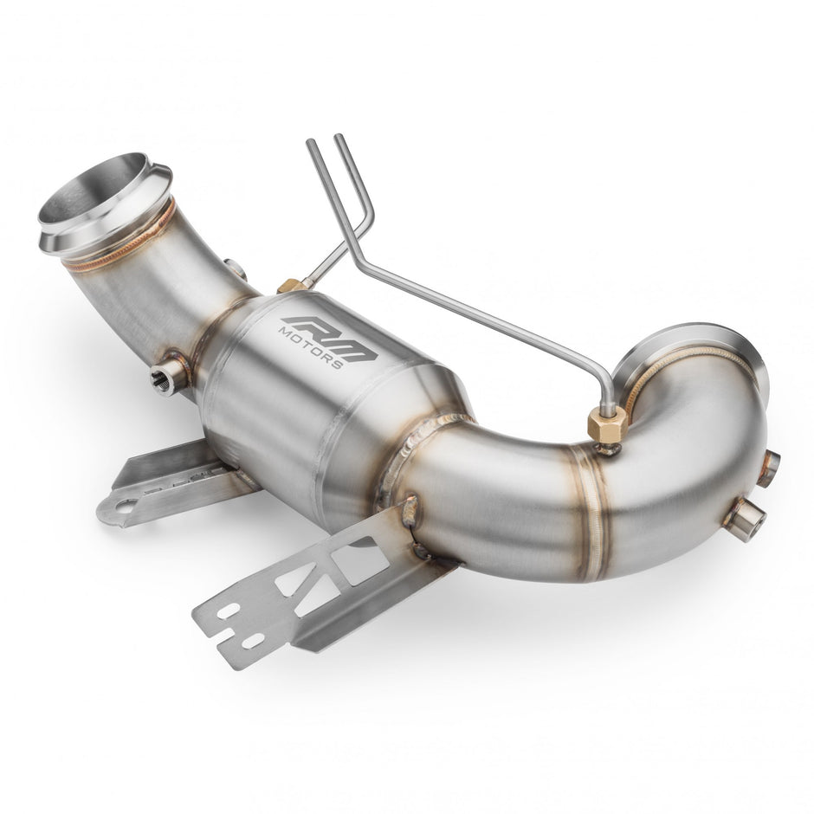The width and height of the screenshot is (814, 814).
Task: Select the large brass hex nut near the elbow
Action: [607, 425]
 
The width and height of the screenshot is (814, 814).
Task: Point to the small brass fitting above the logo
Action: [292, 285]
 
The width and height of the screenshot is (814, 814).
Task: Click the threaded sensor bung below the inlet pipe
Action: [169, 375]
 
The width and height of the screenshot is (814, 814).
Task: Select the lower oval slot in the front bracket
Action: [253, 641]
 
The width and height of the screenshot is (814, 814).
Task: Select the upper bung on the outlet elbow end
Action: [768, 467]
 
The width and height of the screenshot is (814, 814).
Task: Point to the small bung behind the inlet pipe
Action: [234, 269]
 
